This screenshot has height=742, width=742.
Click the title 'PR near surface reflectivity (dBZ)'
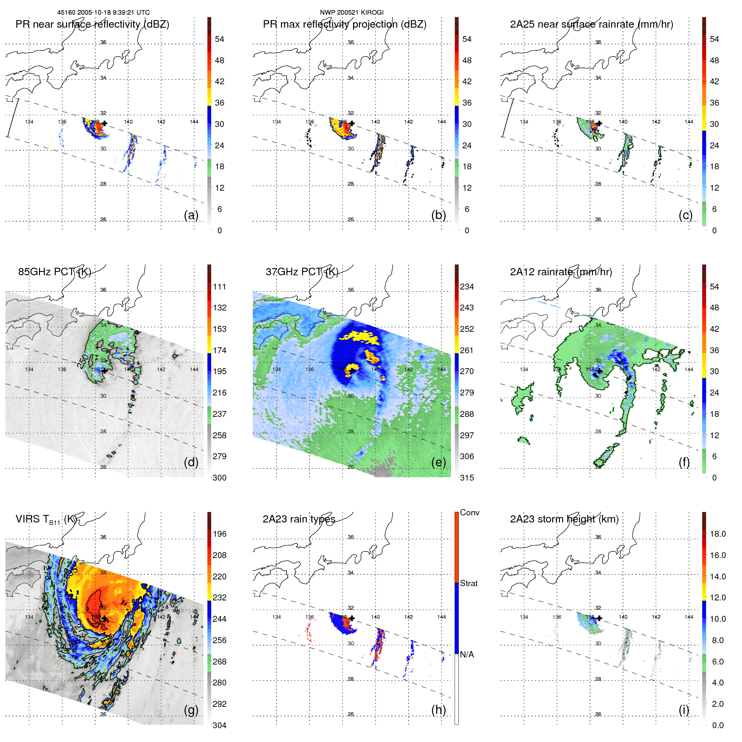[x=92, y=24]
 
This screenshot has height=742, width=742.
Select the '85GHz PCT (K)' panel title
[x=54, y=272]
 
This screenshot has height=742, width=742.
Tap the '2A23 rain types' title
[x=299, y=519]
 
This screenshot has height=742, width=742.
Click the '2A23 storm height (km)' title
[x=564, y=519]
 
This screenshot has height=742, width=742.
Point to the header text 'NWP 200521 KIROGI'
[x=352, y=13]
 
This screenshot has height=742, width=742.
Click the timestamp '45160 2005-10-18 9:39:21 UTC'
[x=103, y=13]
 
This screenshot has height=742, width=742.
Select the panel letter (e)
[x=438, y=462]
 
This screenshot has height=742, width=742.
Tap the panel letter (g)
[x=191, y=710]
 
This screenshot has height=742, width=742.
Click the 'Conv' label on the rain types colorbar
[x=470, y=513]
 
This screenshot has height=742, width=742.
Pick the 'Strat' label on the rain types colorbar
[x=469, y=584]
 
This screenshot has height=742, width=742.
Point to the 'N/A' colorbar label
[x=467, y=654]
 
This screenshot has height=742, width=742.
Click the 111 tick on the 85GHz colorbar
[x=220, y=287]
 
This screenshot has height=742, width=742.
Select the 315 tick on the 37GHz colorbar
[x=467, y=478]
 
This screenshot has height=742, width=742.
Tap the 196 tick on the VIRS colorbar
[x=220, y=534]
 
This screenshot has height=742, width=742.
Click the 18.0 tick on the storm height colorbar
[x=718, y=534]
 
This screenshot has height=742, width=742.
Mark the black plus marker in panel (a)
[x=105, y=123]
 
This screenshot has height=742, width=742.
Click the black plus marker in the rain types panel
[x=352, y=618]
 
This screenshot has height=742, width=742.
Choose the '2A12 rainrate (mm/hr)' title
[x=561, y=272]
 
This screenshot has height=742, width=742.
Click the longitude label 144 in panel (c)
[x=689, y=122]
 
